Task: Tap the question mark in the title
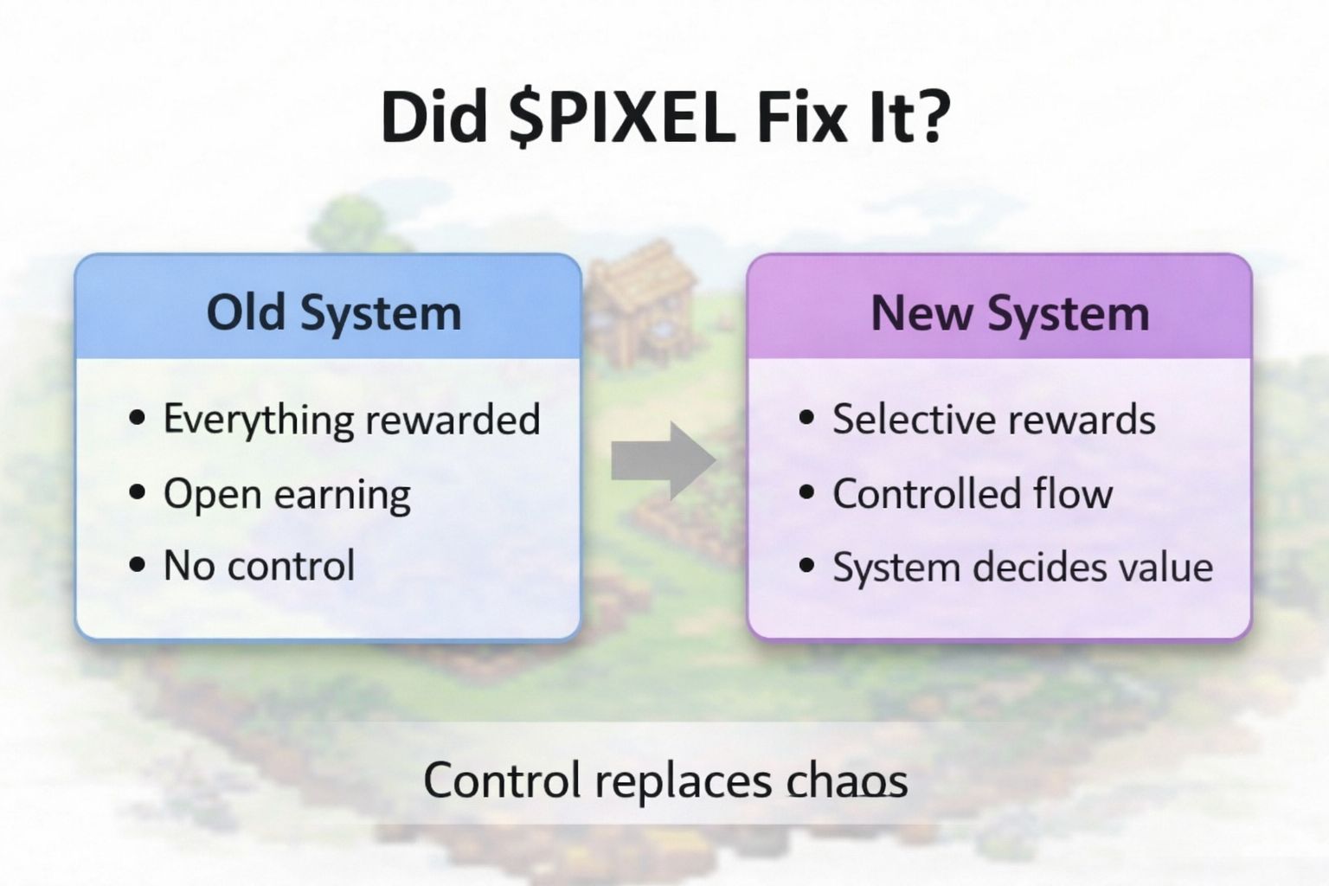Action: [x=930, y=116]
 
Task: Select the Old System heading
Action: [x=333, y=312]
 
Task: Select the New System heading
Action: [x=1010, y=312]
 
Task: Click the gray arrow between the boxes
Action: [x=664, y=460]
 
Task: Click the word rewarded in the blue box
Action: [x=453, y=420]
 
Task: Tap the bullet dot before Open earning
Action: [x=137, y=492]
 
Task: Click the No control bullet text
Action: [x=260, y=565]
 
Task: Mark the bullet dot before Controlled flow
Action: [x=806, y=492]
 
